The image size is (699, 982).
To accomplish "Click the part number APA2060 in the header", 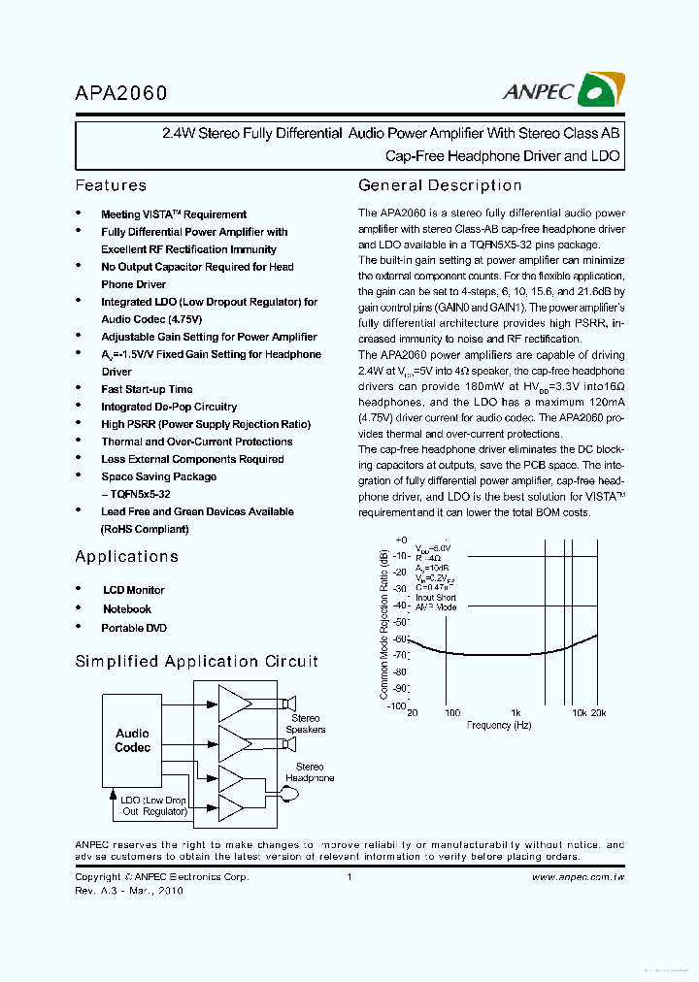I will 121,93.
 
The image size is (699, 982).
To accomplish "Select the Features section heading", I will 111,185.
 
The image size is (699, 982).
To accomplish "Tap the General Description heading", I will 440,185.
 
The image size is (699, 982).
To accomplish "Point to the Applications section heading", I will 126,556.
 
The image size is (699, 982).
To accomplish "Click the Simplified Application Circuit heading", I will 196,661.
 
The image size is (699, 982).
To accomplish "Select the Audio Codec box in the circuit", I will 133,740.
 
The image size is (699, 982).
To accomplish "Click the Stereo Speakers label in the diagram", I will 306,724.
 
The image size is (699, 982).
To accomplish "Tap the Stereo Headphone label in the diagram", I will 310,772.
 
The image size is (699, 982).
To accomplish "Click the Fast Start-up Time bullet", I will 147,389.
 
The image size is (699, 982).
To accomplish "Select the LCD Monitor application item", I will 133,590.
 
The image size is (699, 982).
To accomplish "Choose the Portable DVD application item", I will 134,628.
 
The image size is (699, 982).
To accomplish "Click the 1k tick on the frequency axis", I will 516,712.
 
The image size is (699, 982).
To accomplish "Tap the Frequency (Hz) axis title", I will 499,725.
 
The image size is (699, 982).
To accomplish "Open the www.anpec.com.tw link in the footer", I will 578,876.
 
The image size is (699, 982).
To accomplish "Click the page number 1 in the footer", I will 349,876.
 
